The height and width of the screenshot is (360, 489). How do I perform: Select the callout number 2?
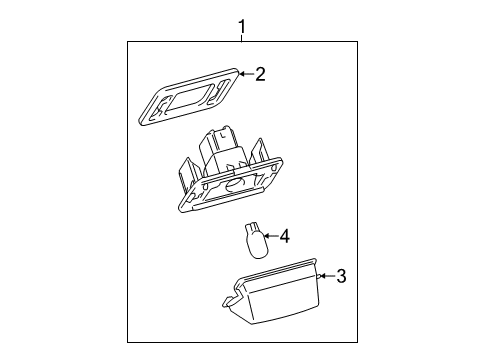coord(259,73)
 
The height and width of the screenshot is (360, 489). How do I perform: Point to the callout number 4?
coord(284,236)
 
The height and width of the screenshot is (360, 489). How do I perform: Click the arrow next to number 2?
coord(243,73)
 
